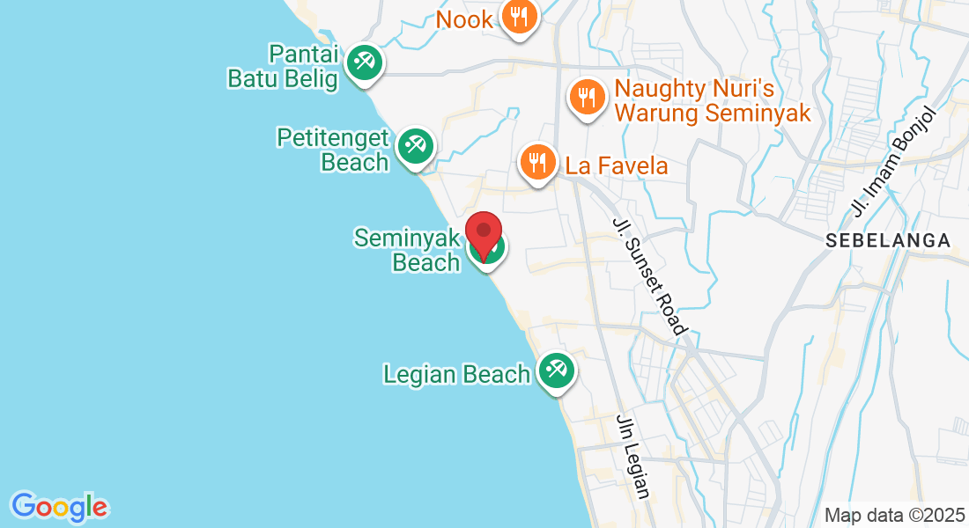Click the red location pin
[x=484, y=233]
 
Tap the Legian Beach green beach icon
[x=555, y=370]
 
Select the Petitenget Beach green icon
[x=414, y=145]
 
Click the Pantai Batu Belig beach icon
[x=363, y=62]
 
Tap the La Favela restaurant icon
[x=536, y=162]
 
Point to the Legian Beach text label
[x=456, y=374]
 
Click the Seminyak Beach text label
[x=409, y=250]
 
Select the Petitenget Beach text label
[x=333, y=150]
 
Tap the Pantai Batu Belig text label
[x=283, y=66]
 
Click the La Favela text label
[x=617, y=165]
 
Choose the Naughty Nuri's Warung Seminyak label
[x=712, y=100]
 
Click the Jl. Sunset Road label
[x=650, y=275]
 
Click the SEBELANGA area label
[x=888, y=240]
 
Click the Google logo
[x=59, y=506]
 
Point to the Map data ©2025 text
[x=893, y=515]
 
